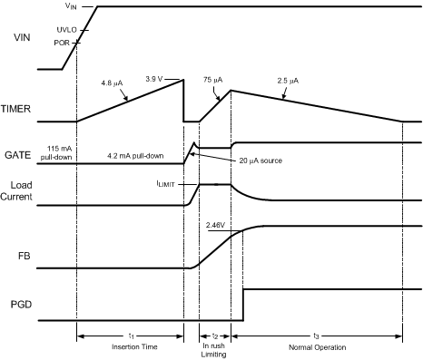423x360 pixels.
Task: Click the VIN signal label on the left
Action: coord(19,38)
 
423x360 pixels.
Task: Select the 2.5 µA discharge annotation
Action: coord(289,80)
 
